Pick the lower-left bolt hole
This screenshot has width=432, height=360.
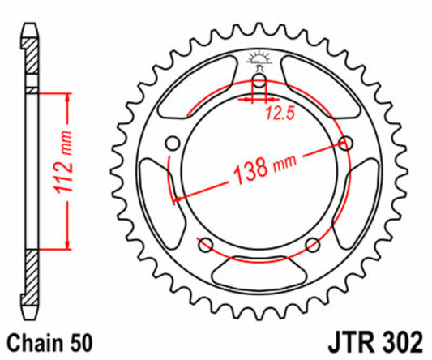tap(204, 246)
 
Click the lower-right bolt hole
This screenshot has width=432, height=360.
tap(313, 246)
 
